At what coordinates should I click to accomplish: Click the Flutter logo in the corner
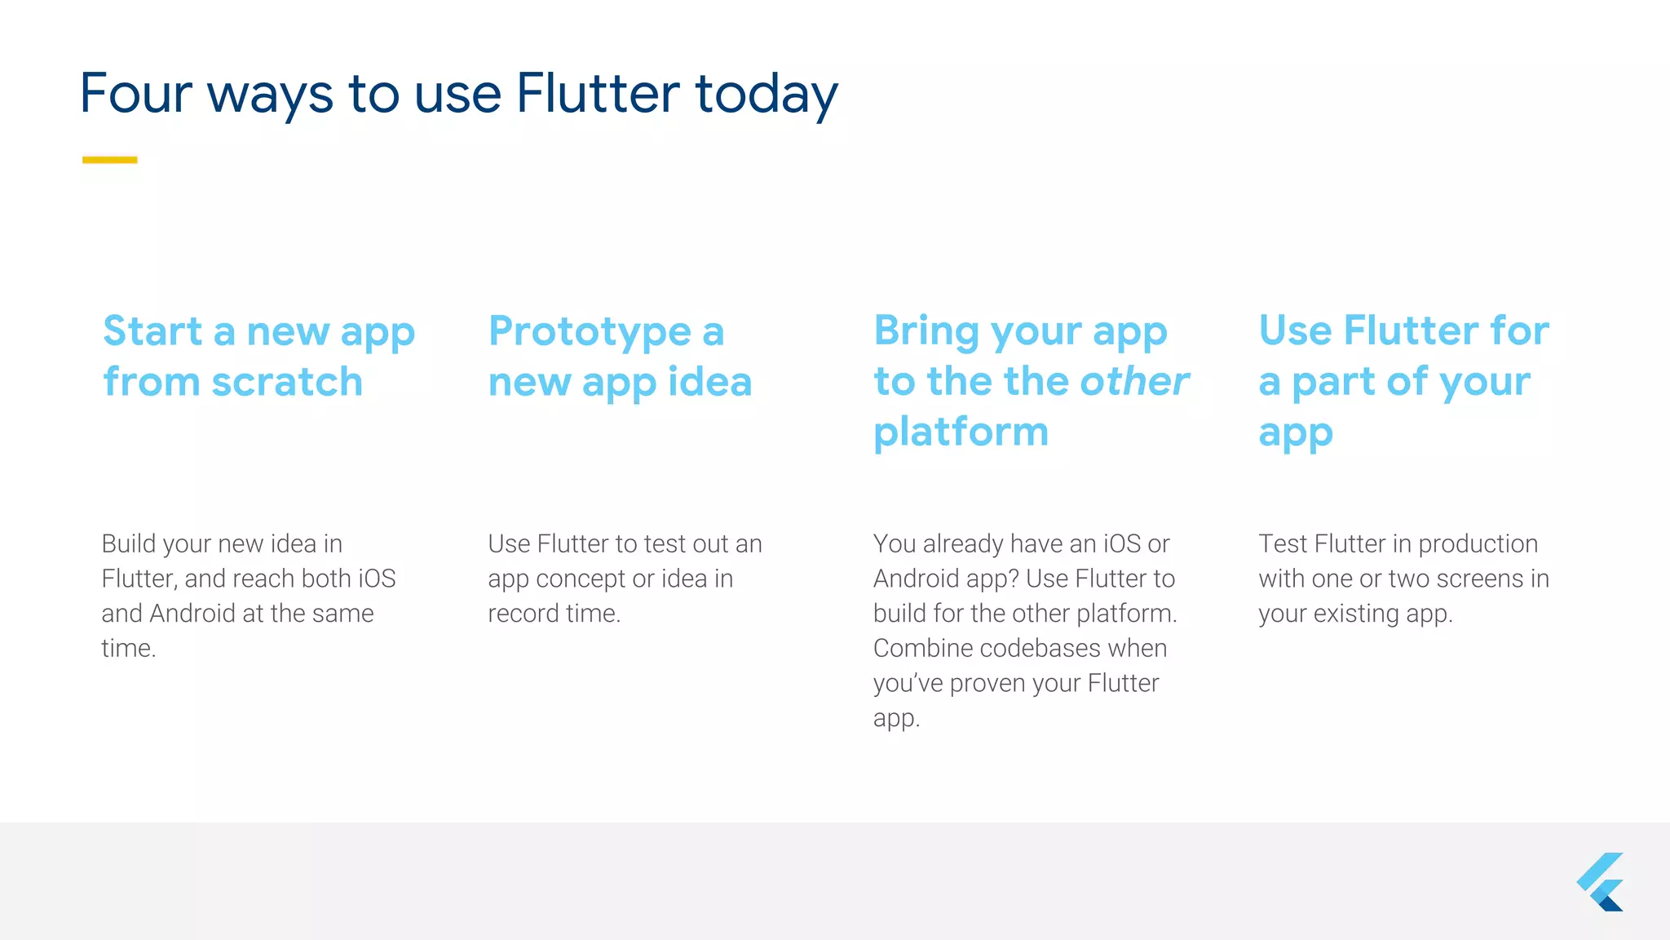[1600, 882]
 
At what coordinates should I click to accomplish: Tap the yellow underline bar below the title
[109, 160]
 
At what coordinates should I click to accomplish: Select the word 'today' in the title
[766, 95]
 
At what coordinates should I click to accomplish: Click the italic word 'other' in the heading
[1134, 382]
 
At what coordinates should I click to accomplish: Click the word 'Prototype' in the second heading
[590, 332]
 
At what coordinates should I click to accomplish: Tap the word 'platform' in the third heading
[961, 432]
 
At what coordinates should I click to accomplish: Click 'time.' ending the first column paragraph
[128, 649]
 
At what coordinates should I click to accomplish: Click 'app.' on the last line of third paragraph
[896, 719]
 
